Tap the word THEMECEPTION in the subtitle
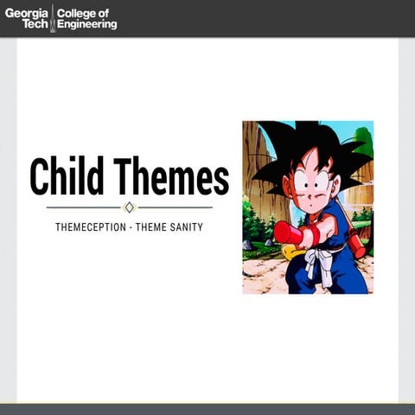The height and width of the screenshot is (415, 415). coord(86,227)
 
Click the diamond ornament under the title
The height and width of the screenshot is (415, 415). coord(130,207)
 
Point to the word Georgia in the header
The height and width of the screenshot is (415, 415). coord(27,12)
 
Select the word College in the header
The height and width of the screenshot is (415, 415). coord(74,12)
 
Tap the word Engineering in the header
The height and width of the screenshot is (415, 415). coord(86,24)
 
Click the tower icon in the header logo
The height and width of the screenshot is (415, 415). coord(53,17)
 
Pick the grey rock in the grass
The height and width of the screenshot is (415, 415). coord(248,246)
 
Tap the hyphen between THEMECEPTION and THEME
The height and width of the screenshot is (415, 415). coord(124,227)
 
